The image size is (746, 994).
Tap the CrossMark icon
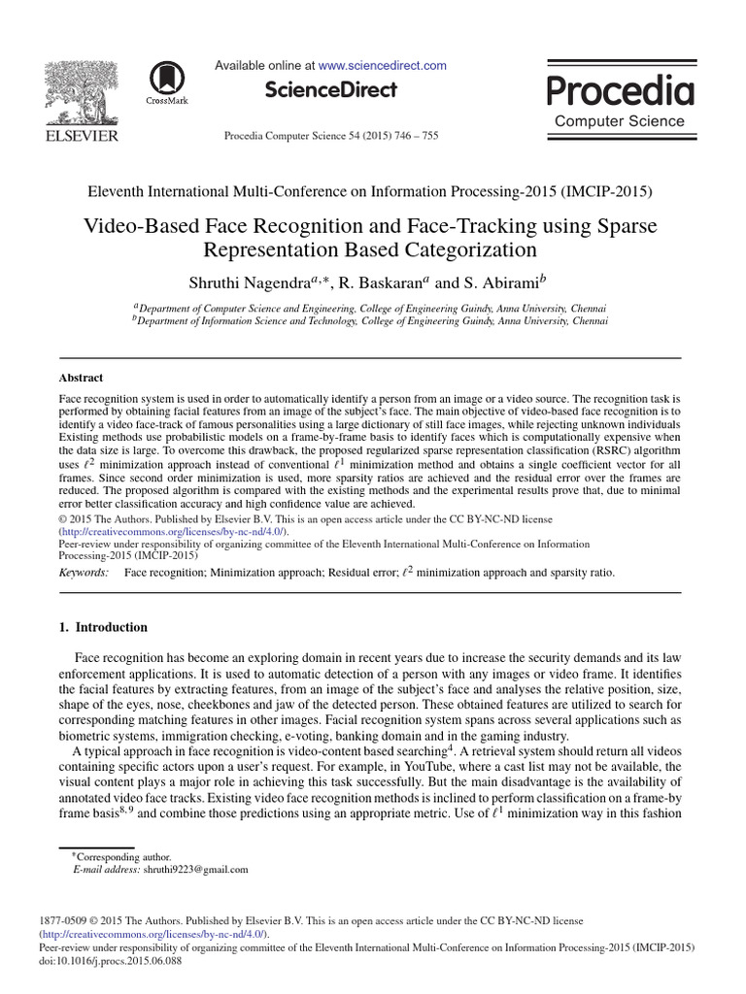click(x=168, y=82)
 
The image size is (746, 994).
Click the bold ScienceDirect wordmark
click(x=330, y=90)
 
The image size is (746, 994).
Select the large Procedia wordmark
click(x=620, y=91)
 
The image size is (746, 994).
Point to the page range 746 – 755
click(x=415, y=136)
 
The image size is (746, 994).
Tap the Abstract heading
click(x=82, y=378)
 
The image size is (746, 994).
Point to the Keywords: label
click(x=85, y=573)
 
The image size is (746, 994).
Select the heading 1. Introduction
click(x=104, y=627)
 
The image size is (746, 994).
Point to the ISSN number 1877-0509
click(x=65, y=919)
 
